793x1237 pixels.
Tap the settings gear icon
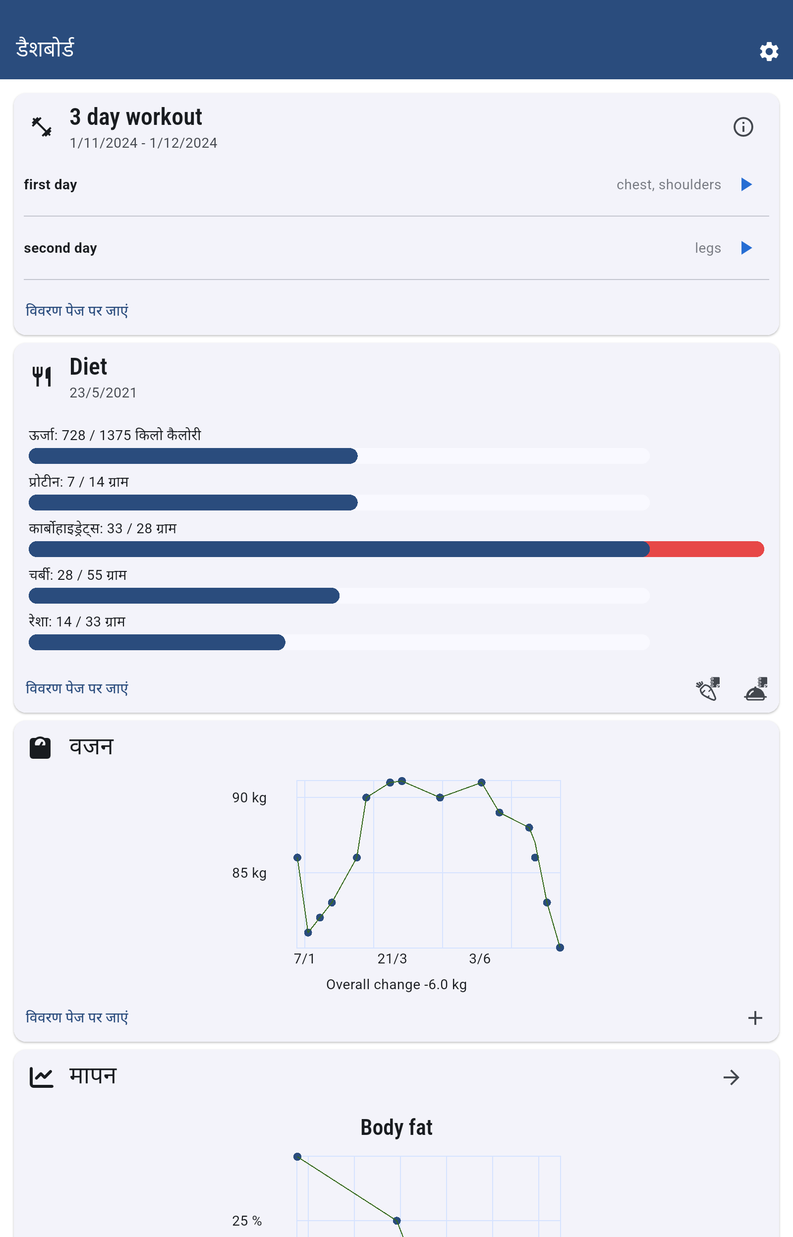768,52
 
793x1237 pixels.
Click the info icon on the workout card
742,127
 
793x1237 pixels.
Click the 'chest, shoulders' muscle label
669,184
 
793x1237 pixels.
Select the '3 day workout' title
136,117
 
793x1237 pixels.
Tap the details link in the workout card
77,310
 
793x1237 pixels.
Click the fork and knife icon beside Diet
42,377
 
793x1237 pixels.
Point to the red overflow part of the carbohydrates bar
706,549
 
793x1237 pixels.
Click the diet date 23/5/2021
103,393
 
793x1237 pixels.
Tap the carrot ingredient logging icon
708,689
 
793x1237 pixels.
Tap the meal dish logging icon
755,689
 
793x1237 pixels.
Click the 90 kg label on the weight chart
249,797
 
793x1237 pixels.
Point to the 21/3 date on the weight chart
392,958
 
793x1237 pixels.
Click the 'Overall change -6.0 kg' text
396,984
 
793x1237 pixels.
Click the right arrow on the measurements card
731,1077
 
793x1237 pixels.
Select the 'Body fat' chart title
396,1127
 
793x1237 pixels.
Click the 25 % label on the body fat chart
247,1221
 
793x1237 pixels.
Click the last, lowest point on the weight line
560,948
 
